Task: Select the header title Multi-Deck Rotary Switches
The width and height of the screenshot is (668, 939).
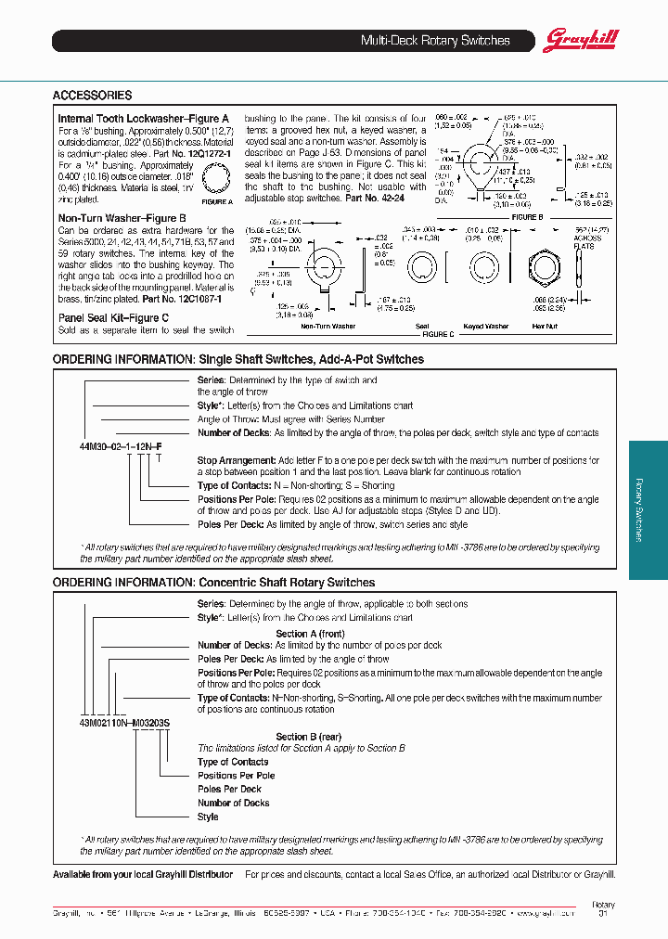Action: (434, 41)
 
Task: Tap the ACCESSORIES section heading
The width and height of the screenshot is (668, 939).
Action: (92, 96)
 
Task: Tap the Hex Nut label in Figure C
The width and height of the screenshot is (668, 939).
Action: (545, 327)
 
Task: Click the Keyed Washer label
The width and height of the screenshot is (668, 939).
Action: (485, 327)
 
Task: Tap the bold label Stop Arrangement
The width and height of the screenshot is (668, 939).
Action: (235, 460)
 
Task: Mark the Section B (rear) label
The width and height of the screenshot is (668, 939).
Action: (308, 737)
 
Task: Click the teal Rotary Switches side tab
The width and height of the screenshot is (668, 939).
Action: (648, 509)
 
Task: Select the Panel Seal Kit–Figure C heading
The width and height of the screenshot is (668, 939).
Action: (113, 317)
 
